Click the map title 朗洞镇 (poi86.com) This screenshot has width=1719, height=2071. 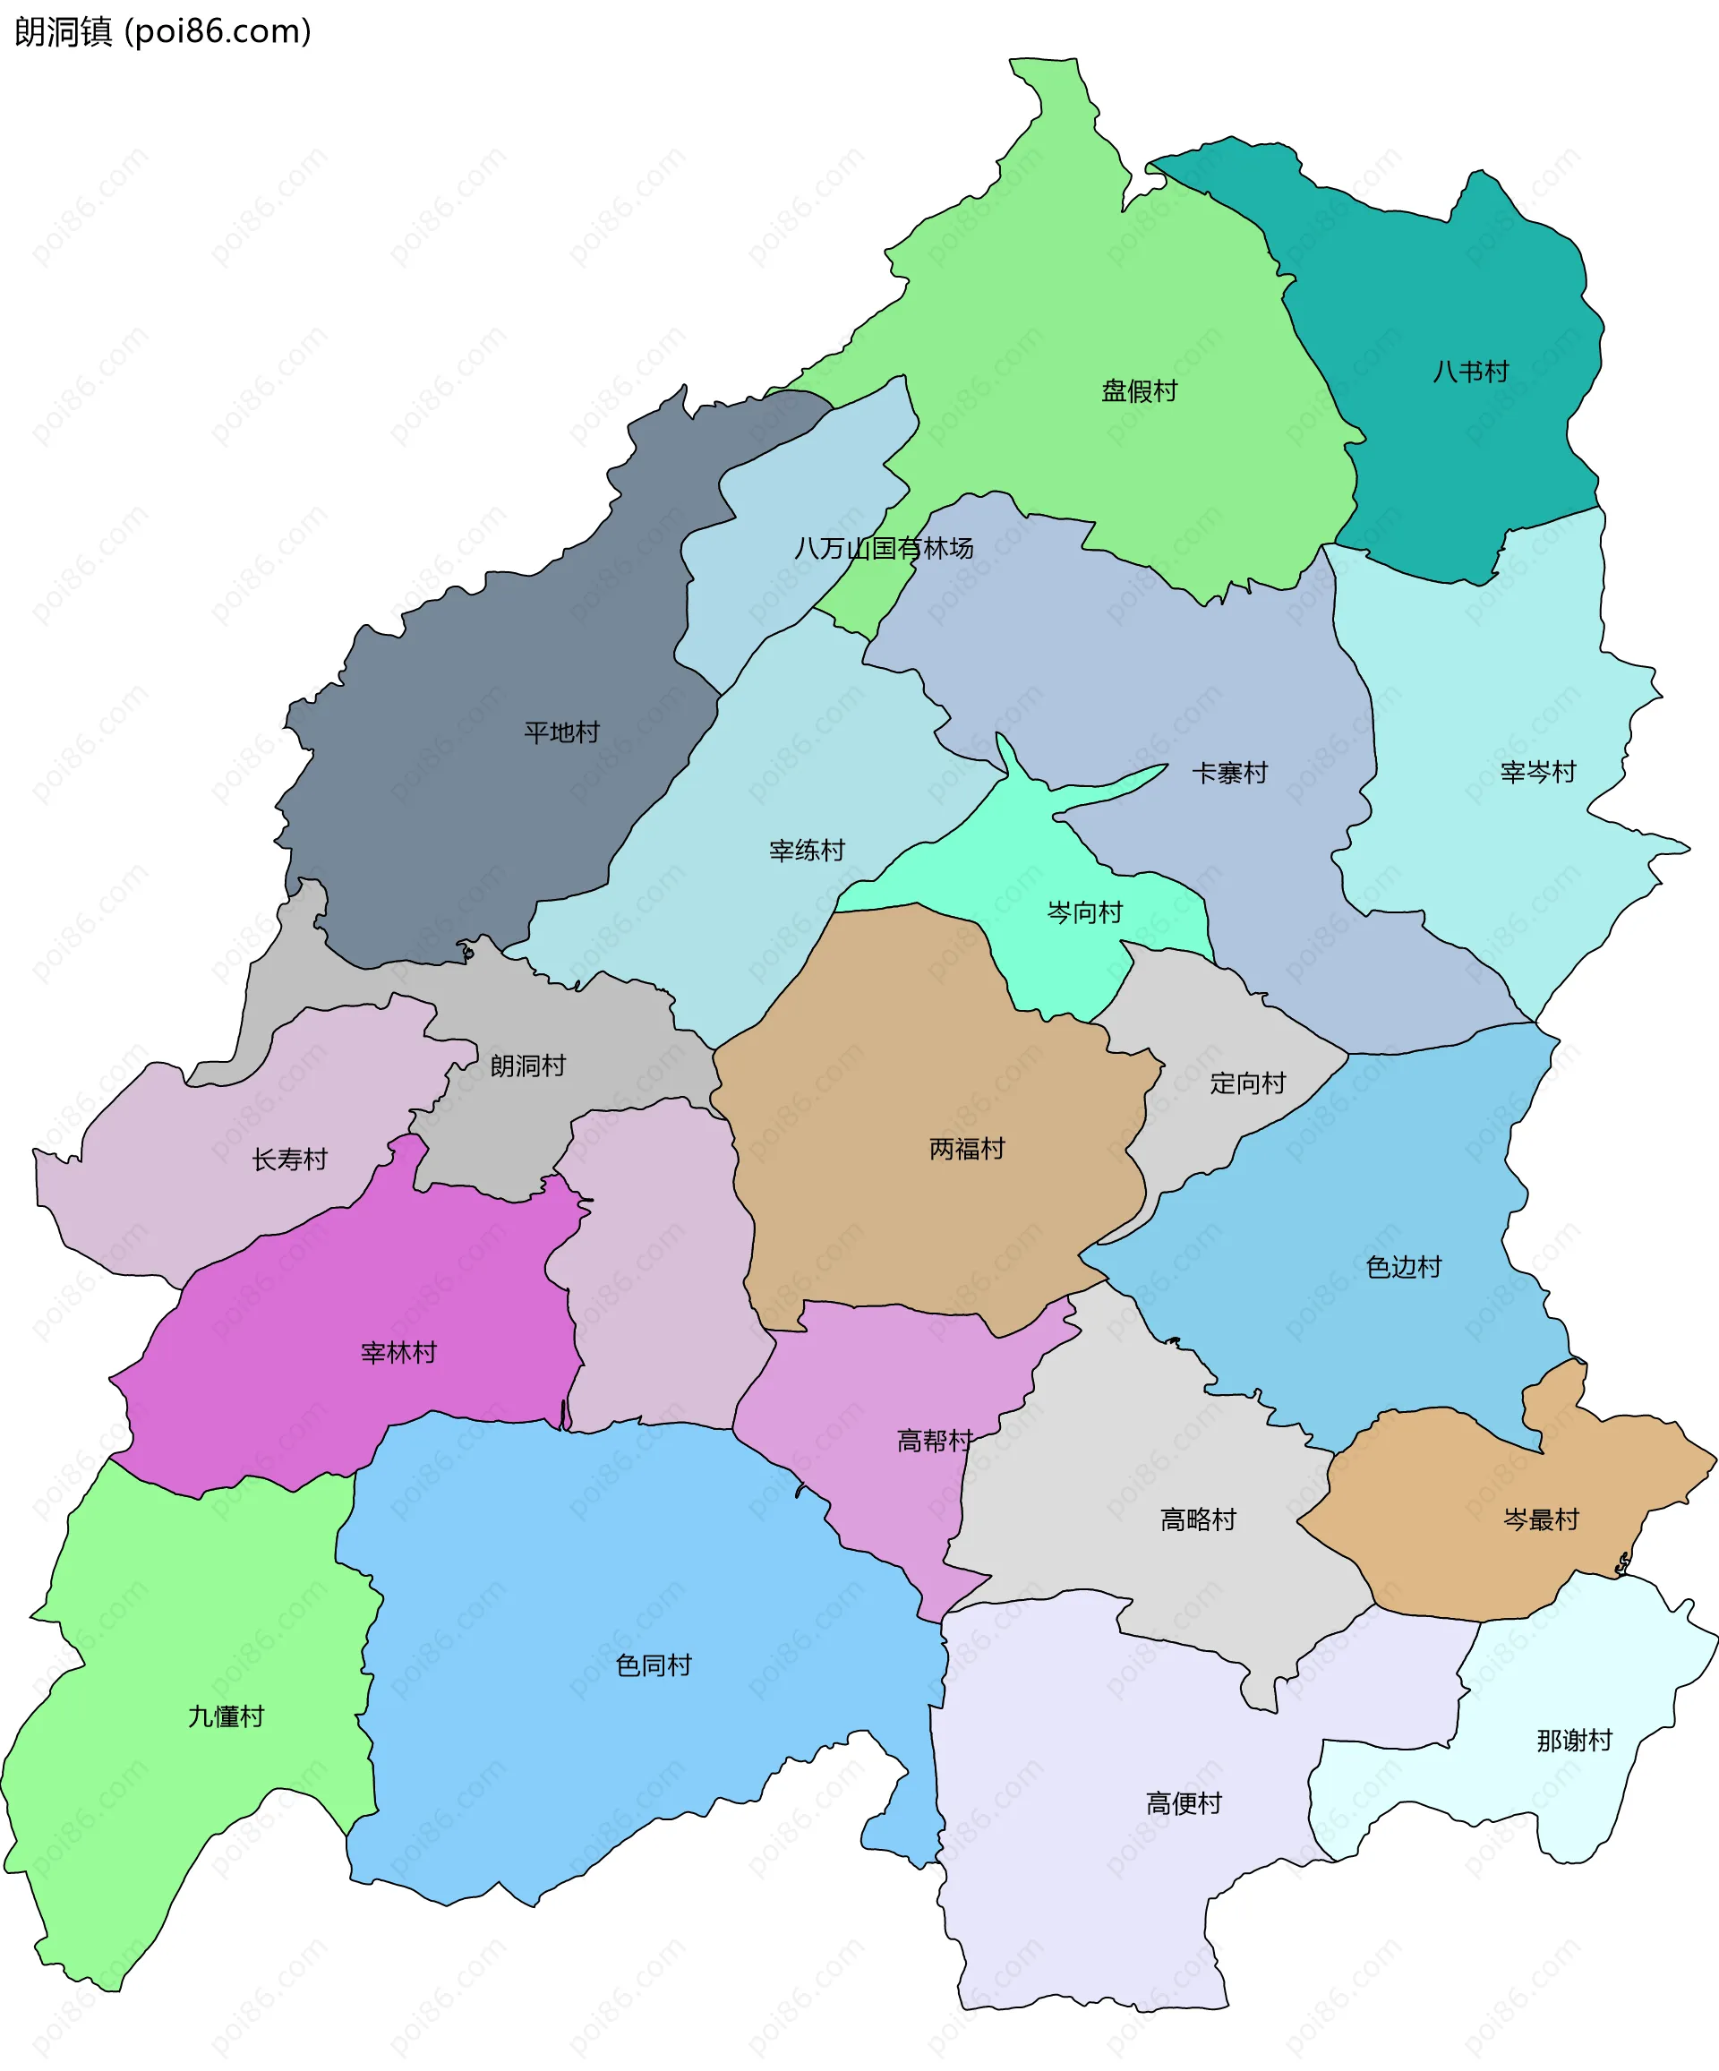[163, 31]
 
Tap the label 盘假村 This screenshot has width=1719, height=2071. [1139, 391]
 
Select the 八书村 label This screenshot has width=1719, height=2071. [1470, 372]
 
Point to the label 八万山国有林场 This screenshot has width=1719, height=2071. [884, 548]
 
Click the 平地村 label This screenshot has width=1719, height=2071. [561, 732]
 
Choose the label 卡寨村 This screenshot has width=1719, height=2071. [1229, 774]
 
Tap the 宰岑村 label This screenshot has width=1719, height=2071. [1537, 772]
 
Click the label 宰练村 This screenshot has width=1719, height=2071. [807, 850]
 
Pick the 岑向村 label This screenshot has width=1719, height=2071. [1084, 913]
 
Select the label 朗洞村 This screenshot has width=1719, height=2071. [527, 1066]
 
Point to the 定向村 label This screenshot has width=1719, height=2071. [1247, 1083]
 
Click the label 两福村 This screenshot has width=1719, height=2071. [967, 1149]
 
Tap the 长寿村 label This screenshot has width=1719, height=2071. [289, 1160]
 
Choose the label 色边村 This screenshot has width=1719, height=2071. [1404, 1267]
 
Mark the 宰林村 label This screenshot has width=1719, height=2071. [398, 1353]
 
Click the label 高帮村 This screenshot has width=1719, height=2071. [934, 1441]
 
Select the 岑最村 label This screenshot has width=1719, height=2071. [1541, 1519]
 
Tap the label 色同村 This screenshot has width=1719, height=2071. [653, 1665]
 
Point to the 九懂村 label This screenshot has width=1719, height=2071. [226, 1717]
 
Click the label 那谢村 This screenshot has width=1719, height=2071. [1574, 1741]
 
